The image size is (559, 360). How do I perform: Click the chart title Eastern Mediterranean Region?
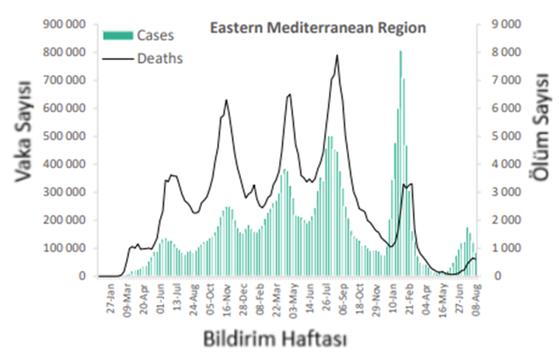pyautogui.click(x=318, y=29)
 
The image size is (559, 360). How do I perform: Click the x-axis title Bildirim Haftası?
pyautogui.click(x=274, y=340)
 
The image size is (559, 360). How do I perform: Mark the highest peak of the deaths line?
pyautogui.click(x=337, y=55)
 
